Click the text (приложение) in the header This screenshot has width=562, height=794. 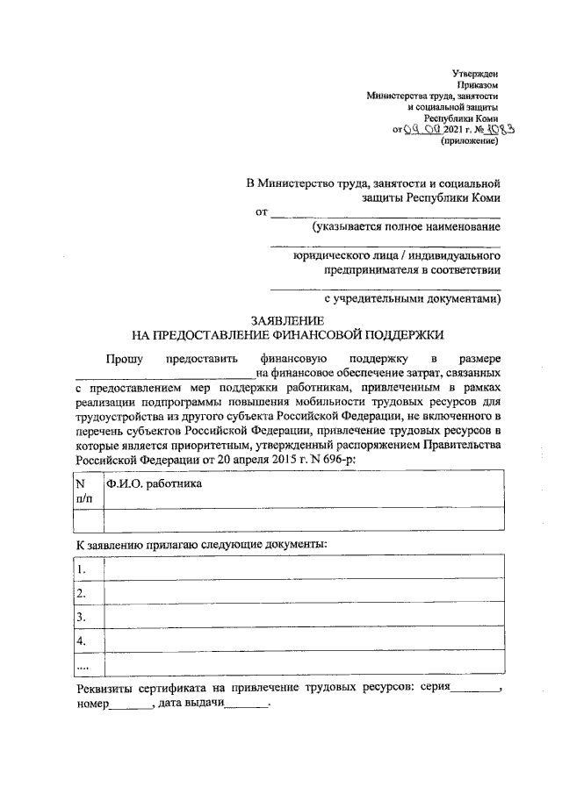(475, 140)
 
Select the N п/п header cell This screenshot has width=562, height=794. (86, 490)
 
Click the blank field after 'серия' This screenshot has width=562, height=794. (471, 690)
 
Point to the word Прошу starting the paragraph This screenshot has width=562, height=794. (125, 358)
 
